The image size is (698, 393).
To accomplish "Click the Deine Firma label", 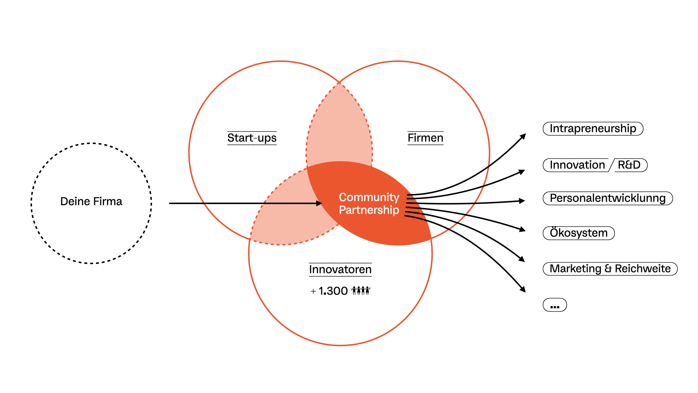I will (x=91, y=201).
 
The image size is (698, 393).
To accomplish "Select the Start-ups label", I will (x=252, y=138).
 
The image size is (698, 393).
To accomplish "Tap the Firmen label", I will (x=425, y=138).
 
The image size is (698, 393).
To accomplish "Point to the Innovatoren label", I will (x=340, y=269).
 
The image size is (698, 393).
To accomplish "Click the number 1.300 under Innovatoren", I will (x=333, y=291).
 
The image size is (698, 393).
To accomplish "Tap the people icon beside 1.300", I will (x=361, y=290).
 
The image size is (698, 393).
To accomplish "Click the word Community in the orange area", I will (x=369, y=197).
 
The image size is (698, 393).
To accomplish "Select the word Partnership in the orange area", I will (x=369, y=210).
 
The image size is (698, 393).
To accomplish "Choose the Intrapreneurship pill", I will (x=593, y=128).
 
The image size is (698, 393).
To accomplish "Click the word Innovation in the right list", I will (x=577, y=165).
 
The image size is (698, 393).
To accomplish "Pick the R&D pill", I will (x=629, y=165).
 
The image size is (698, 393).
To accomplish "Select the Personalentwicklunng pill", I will (x=607, y=198).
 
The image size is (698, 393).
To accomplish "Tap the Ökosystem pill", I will (x=578, y=233).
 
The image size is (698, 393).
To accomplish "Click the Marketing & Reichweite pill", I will (x=610, y=269).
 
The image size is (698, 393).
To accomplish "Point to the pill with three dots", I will (x=555, y=305).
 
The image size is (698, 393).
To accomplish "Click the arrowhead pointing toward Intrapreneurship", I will (x=523, y=136).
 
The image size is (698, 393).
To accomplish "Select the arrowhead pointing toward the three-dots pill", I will (x=523, y=289).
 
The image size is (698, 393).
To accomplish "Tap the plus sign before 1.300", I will (x=313, y=291).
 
